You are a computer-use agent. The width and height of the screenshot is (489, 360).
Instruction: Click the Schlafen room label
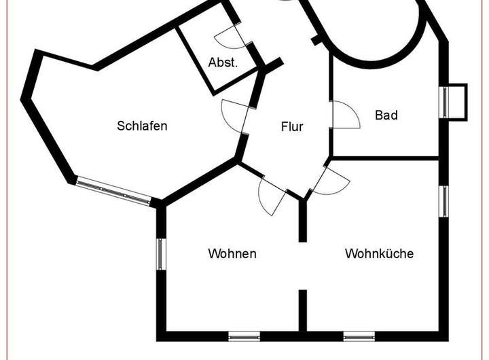(142, 126)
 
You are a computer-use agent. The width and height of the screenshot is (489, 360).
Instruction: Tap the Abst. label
(223, 63)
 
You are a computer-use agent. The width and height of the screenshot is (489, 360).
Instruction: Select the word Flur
(292, 126)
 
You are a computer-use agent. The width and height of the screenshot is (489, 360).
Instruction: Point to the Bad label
(386, 115)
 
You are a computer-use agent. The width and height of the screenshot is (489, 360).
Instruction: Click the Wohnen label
(232, 253)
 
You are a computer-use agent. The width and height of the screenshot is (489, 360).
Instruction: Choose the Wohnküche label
(379, 253)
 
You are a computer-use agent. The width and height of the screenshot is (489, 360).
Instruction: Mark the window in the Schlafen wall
(113, 190)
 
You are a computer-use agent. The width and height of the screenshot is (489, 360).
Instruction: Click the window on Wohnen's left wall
(161, 254)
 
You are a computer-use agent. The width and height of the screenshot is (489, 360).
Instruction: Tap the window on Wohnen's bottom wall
(244, 336)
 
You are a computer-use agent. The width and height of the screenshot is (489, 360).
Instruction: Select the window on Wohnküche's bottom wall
(359, 336)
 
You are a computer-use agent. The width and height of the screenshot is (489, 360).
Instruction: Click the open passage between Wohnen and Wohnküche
(302, 266)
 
